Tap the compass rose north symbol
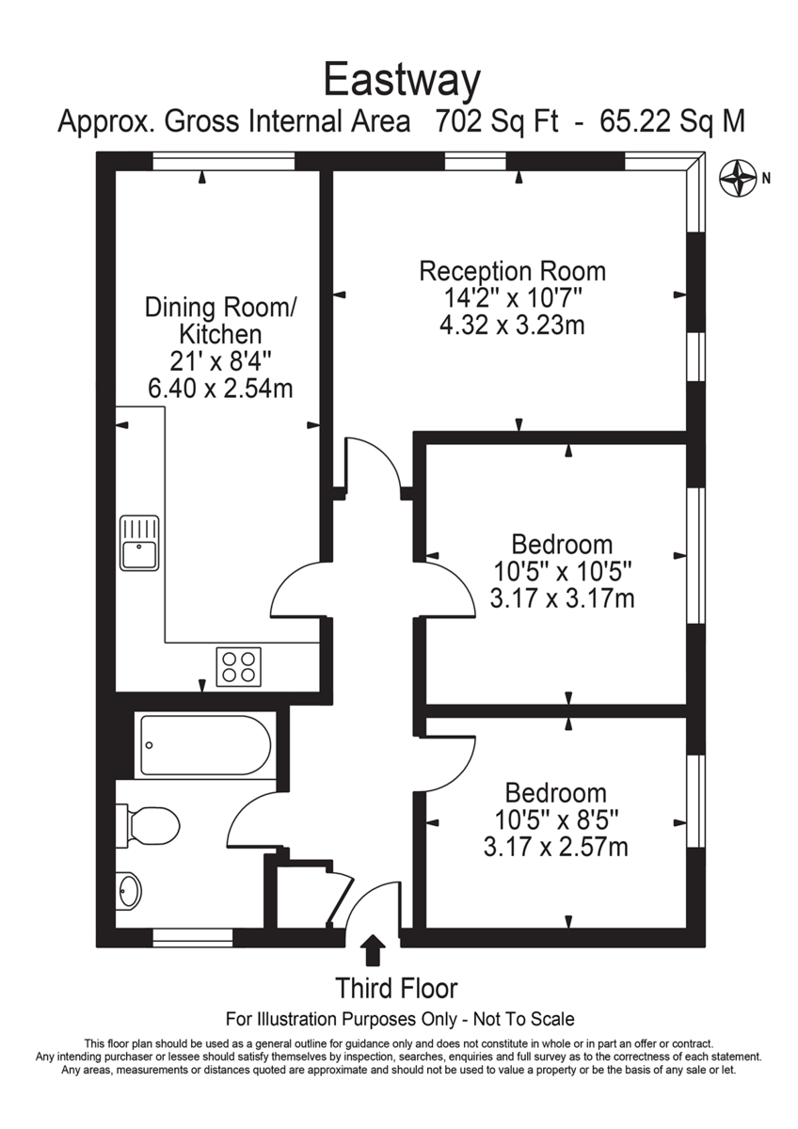pos(739,177)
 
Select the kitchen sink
pos(139,543)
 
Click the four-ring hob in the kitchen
pos(237,666)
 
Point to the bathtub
pos(205,744)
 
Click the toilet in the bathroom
pos(151,825)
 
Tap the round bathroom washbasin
pos(128,888)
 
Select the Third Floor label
pos(397,989)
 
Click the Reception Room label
pos(512,272)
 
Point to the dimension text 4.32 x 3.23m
pos(512,326)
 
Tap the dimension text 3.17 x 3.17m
pos(562,596)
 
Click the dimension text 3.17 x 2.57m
pos(555,847)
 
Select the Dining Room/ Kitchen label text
pos(220,320)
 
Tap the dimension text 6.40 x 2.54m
pos(220,387)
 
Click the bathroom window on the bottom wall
pos(192,937)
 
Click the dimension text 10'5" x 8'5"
pos(555,819)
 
